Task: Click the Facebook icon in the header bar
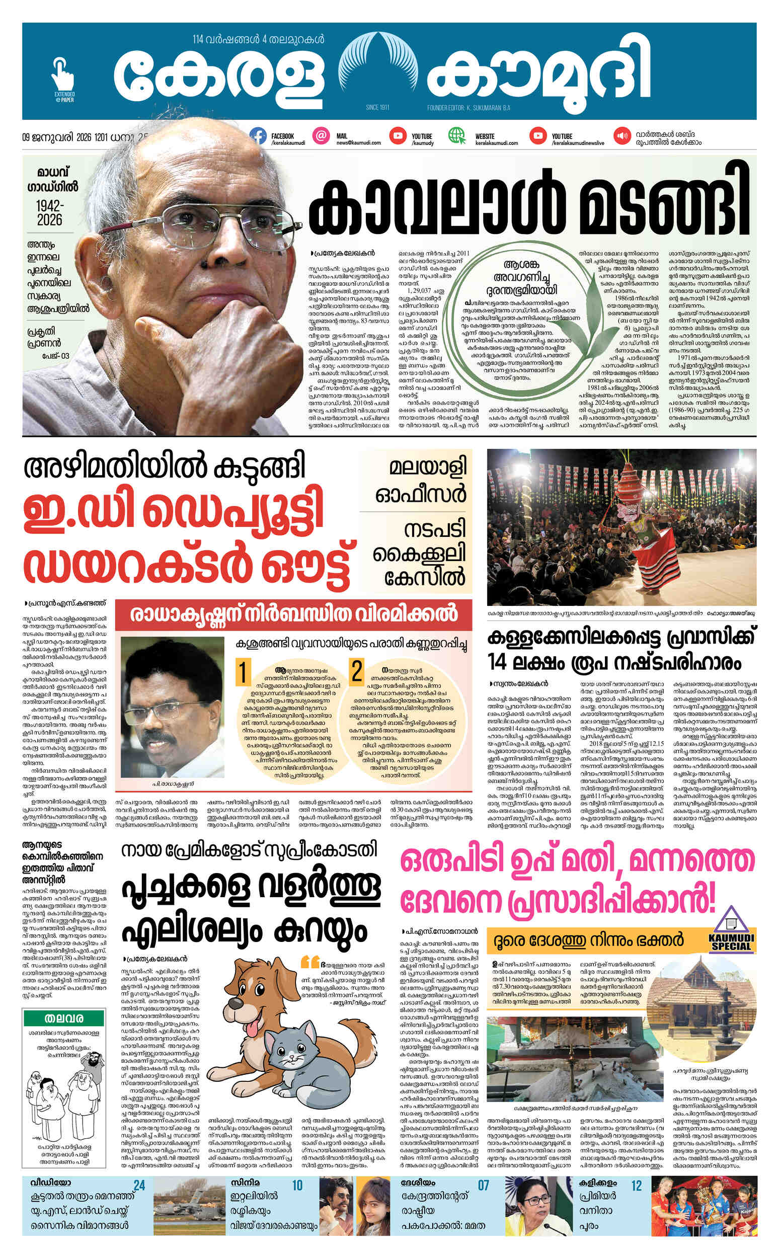(x=258, y=136)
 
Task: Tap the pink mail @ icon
(x=321, y=136)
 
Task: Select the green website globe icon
(x=456, y=136)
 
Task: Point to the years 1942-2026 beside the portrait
(x=50, y=213)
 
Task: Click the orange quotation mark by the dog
(x=310, y=960)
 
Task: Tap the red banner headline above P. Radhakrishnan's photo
(x=293, y=614)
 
